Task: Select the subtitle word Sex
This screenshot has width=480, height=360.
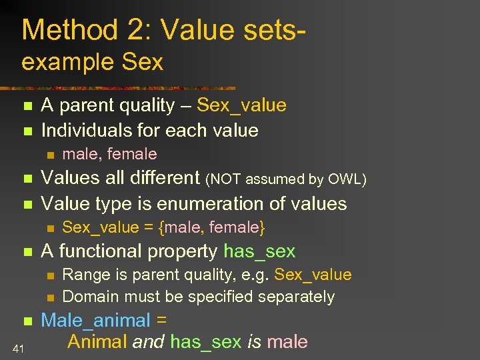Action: pos(143,62)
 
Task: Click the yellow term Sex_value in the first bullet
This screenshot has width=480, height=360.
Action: pos(241,105)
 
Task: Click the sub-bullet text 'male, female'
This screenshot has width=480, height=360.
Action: pos(109,154)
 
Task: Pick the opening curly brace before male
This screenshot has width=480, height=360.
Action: pos(161,228)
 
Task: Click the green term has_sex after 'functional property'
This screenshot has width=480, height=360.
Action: pos(259,251)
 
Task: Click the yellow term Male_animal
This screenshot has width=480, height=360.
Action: pos(95,320)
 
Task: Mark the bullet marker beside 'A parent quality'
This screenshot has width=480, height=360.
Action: pos(27,106)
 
